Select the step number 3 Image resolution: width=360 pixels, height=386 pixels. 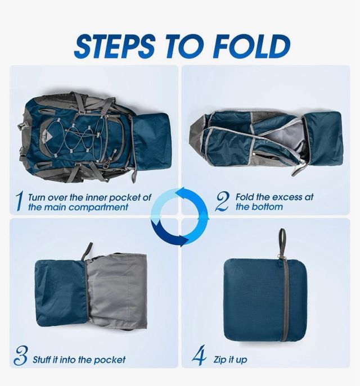[x=21, y=358]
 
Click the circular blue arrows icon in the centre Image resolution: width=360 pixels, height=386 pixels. [x=180, y=217]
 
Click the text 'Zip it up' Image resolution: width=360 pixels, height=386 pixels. [x=230, y=359]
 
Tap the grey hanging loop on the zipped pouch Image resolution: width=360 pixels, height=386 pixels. [x=282, y=241]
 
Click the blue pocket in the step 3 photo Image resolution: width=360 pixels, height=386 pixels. [x=61, y=292]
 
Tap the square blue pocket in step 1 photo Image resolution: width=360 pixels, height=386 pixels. [x=152, y=140]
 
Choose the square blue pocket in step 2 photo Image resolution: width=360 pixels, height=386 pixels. [x=325, y=138]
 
